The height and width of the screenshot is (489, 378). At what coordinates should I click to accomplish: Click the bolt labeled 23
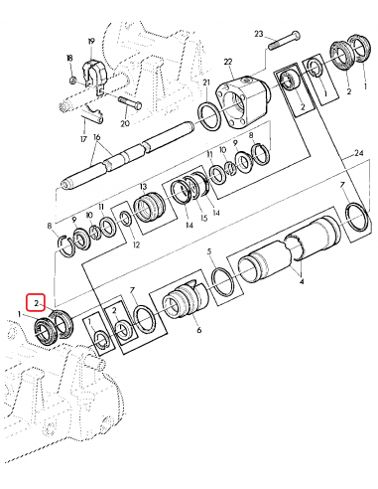(284, 40)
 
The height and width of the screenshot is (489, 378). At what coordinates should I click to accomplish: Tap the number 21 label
(207, 82)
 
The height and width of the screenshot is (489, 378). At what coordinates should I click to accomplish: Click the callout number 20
(126, 124)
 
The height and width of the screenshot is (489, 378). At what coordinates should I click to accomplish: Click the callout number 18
(70, 59)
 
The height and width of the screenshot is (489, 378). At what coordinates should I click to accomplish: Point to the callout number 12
(136, 244)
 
